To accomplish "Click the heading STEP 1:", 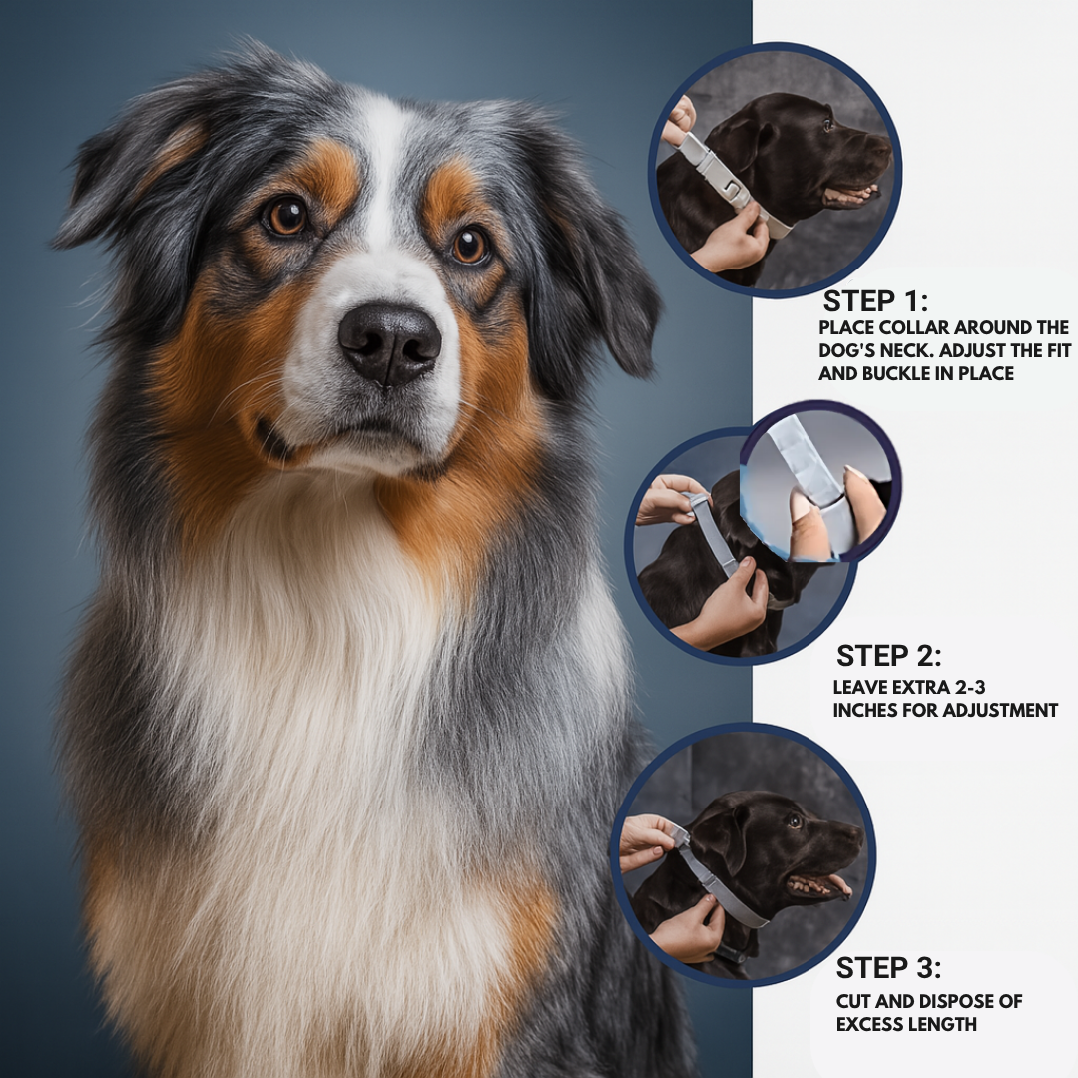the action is point(875,301).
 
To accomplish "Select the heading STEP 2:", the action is point(889,656).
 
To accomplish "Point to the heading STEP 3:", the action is point(889,968).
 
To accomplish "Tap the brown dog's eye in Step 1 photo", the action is point(827,125).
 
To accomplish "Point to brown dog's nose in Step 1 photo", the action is point(882,144).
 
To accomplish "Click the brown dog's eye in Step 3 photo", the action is point(795,820).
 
